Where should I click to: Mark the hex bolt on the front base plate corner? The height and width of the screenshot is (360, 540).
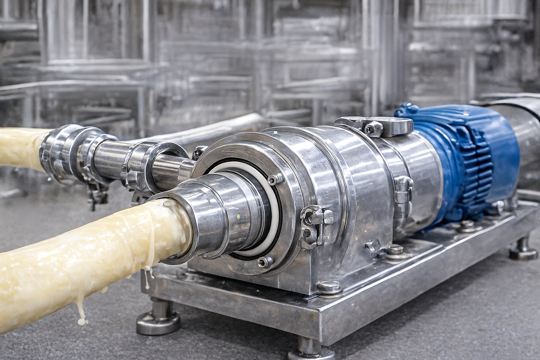coord(329,287)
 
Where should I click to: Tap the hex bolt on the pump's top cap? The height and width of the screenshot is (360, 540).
coord(373,128)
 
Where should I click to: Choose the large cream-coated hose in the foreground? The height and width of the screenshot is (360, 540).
coord(88,246)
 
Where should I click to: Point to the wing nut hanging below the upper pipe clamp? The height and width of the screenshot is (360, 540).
coord(94,197)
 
